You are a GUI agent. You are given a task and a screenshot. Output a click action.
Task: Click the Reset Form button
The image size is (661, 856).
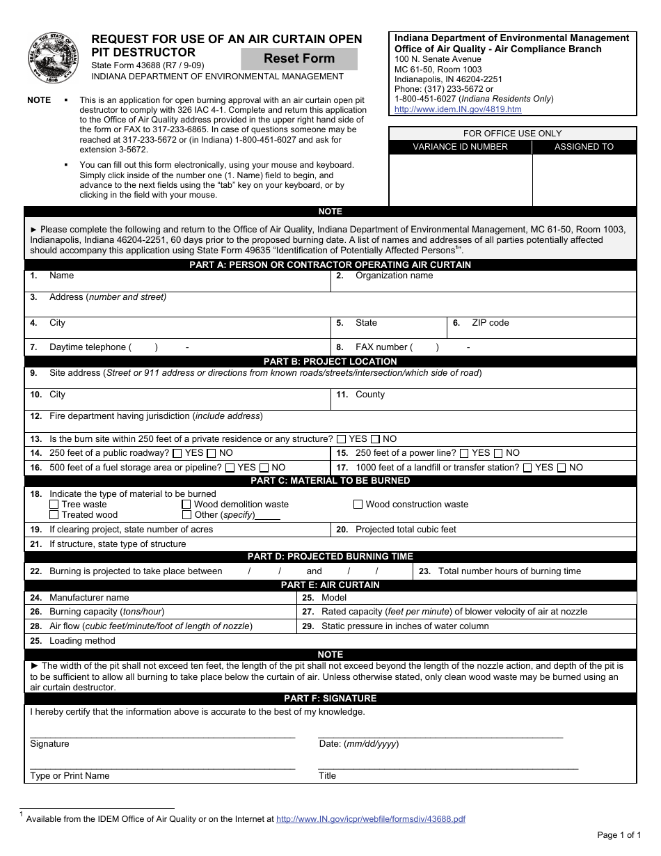click(x=299, y=58)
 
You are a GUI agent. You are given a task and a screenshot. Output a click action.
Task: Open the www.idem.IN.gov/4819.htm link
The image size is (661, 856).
click(x=458, y=109)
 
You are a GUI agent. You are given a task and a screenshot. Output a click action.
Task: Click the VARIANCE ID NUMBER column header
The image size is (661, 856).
click(x=460, y=147)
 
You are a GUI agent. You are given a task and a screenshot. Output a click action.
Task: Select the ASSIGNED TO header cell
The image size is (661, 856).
click(x=584, y=147)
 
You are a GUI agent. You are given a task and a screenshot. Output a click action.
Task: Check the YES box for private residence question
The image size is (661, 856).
click(x=341, y=439)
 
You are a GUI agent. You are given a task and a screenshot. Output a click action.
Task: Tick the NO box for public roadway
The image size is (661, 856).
click(x=212, y=453)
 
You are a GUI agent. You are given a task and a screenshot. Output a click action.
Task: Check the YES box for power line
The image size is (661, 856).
click(x=464, y=453)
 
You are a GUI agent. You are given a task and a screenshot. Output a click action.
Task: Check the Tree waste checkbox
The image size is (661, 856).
click(x=54, y=505)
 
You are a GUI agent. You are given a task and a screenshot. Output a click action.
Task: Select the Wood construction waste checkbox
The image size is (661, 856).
click(x=358, y=505)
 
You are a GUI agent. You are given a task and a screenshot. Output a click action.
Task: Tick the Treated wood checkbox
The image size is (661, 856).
click(x=54, y=515)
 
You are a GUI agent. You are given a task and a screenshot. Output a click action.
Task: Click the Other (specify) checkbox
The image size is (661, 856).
click(x=186, y=515)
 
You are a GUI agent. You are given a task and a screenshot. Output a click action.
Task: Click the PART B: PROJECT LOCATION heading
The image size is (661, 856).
click(x=330, y=361)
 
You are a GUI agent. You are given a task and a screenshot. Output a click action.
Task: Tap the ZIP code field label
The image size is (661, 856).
click(x=490, y=323)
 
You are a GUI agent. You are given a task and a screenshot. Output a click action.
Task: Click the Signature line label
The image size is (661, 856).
click(x=49, y=744)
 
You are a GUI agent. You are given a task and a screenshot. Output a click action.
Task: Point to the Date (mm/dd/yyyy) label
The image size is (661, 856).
click(x=358, y=744)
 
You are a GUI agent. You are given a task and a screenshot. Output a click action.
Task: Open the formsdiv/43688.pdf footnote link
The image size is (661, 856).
click(x=370, y=819)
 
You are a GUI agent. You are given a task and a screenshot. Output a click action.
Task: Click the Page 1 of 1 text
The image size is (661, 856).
click(x=619, y=834)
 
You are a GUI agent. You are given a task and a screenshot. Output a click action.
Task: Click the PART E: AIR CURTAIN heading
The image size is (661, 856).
click(x=330, y=585)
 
